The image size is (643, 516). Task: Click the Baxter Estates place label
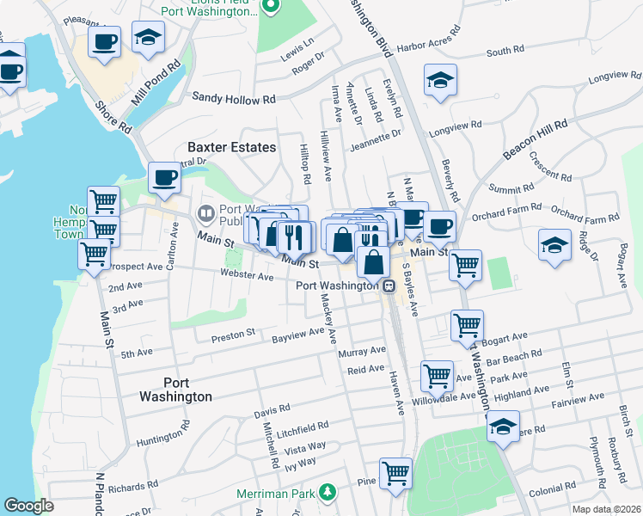tap(227, 147)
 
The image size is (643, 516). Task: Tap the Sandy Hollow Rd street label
tap(233, 100)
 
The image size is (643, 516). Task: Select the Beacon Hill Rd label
tap(536, 138)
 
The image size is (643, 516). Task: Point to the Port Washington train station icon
tap(389, 286)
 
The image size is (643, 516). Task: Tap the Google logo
tap(28, 506)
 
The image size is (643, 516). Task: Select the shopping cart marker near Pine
tap(395, 472)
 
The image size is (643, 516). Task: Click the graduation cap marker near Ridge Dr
tap(554, 244)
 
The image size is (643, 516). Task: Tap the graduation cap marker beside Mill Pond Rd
tap(148, 37)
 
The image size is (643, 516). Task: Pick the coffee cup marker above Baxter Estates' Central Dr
tap(164, 177)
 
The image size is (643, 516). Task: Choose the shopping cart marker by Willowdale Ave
tap(437, 375)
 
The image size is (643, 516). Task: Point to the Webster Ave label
tap(246, 276)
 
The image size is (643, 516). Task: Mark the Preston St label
tap(234, 332)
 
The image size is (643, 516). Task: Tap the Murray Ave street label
tap(362, 352)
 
